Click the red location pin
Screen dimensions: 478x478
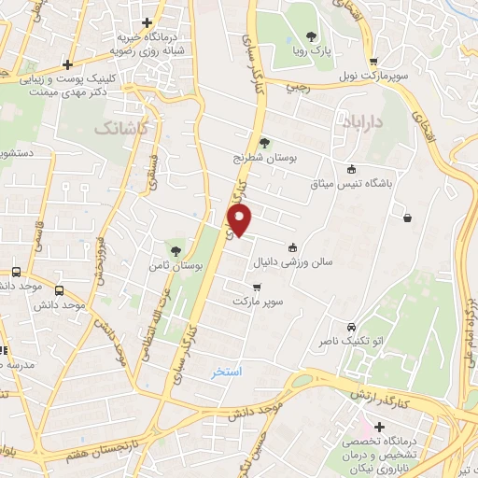[241, 221]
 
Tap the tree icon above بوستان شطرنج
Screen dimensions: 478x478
[265, 143]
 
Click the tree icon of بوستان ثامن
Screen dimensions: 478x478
[174, 249]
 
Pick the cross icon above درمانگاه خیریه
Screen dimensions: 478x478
[147, 23]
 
